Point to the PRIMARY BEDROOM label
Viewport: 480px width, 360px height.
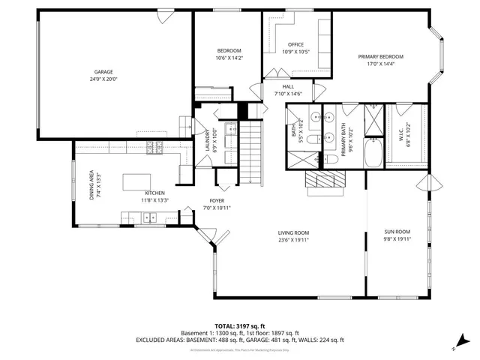pos(380,57)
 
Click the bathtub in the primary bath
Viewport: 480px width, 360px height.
pos(373,155)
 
